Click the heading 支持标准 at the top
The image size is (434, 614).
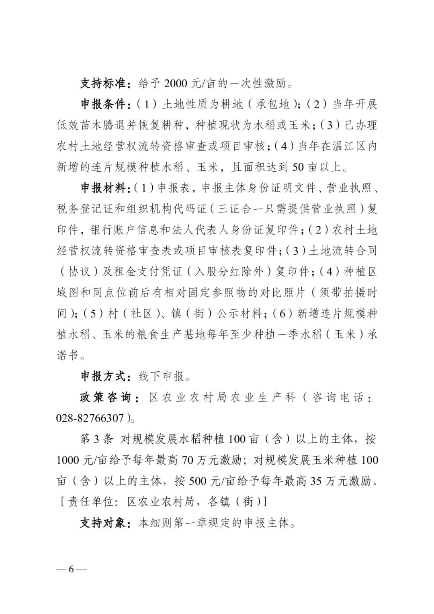click(x=103, y=84)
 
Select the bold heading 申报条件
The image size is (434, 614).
click(x=103, y=104)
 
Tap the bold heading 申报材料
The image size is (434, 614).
click(x=103, y=188)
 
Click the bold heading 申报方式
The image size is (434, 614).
click(x=103, y=377)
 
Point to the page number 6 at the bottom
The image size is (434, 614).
click(x=71, y=569)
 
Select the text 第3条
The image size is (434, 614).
click(x=97, y=439)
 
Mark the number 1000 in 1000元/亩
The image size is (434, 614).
click(x=69, y=460)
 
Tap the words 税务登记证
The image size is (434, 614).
click(x=80, y=209)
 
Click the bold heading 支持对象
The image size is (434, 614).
click(x=103, y=523)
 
